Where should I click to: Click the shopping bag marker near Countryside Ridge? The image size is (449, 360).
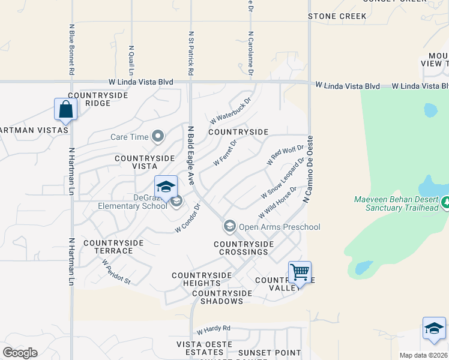coord(65,110)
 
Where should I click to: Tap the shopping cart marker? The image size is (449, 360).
coord(300,272)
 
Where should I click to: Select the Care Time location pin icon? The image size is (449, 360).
coord(158,137)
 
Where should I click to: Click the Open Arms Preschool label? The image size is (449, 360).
coord(279,227)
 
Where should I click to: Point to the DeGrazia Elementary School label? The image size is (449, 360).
coord(133,202)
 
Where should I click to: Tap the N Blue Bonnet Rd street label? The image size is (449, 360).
coord(71,50)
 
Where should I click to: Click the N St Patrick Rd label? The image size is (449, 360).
coord(191,53)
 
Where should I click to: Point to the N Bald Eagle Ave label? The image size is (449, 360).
coord(191,155)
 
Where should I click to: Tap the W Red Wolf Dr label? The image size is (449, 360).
coord(285,155)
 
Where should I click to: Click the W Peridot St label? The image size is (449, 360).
coord(116,271)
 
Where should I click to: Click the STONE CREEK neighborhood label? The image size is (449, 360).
coord(337,16)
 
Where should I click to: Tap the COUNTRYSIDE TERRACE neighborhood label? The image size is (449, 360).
coord(113,247)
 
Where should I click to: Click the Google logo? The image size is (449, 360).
coord(20,353)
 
